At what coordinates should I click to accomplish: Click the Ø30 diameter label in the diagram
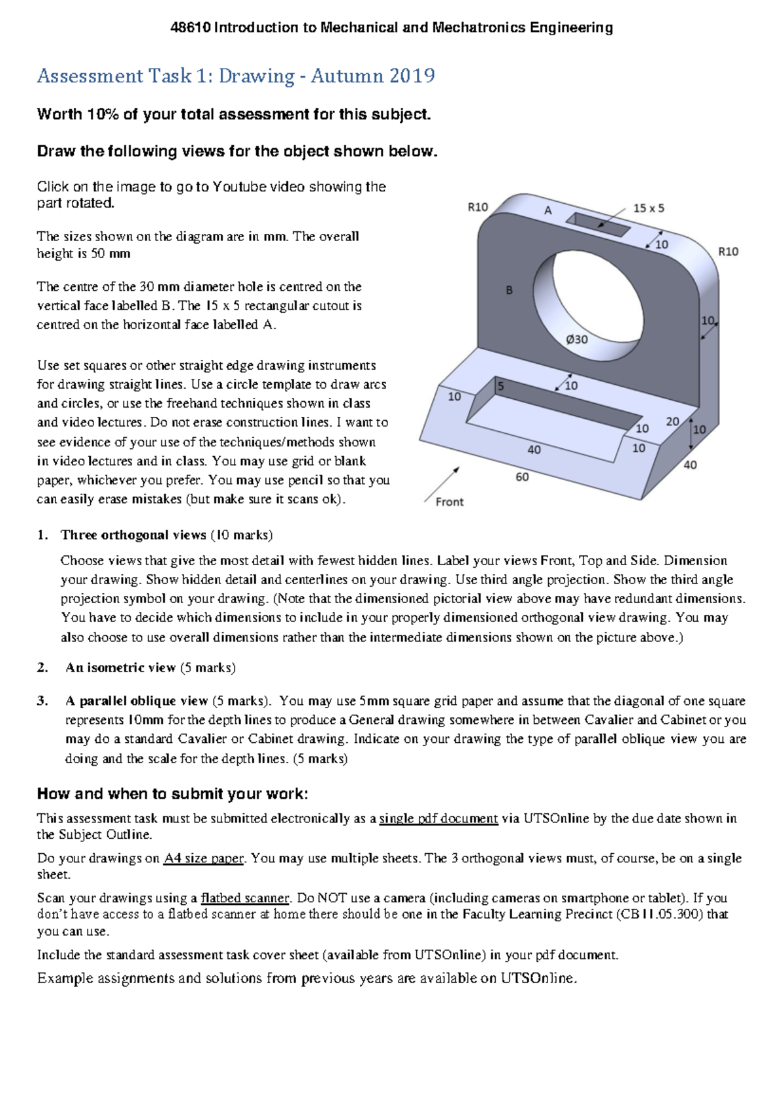coord(576,339)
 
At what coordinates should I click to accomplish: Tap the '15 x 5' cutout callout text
coord(648,208)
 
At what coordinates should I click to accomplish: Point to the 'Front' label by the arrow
coord(449,502)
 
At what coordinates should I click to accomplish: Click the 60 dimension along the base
coord(522,477)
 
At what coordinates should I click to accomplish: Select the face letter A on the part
coord(548,210)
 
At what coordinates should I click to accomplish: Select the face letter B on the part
coord(510,290)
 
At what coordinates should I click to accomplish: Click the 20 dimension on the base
coord(672,421)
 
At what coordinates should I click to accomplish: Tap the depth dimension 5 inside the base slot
coord(501,386)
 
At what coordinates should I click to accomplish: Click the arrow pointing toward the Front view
coord(442,483)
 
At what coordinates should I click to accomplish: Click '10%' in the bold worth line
coord(102,114)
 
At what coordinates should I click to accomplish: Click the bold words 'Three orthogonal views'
coord(133,535)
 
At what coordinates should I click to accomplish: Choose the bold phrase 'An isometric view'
coord(120,668)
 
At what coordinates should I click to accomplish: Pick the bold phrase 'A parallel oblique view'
coord(136,701)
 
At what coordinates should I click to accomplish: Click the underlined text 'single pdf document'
coord(438,819)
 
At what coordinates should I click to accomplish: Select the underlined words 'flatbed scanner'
coord(244,898)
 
